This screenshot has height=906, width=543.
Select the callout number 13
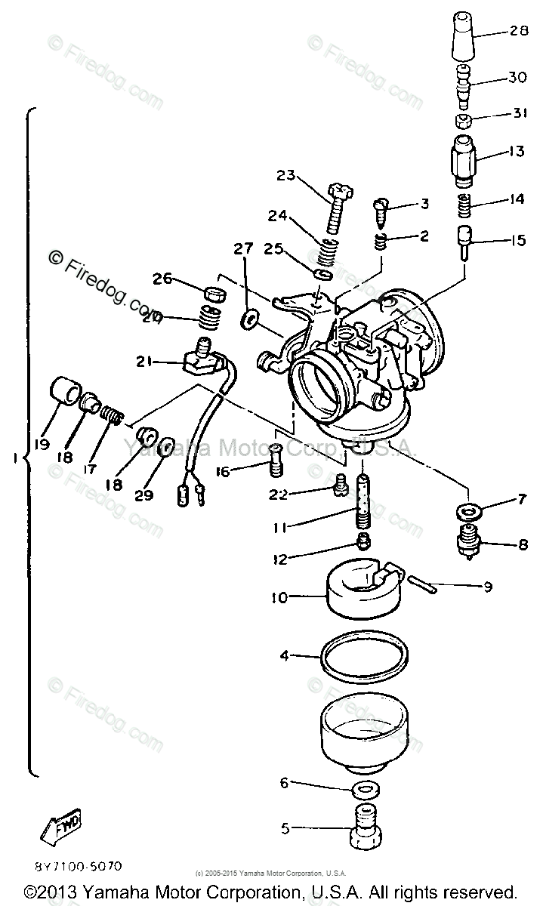(x=516, y=152)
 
